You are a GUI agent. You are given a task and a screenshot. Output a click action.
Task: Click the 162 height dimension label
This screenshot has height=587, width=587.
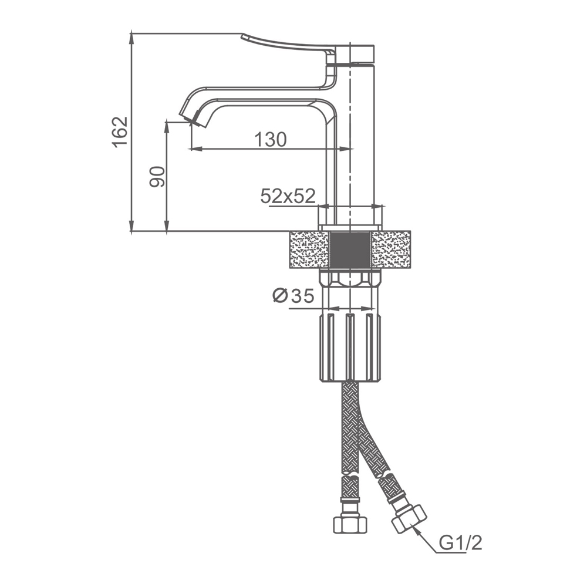(120, 132)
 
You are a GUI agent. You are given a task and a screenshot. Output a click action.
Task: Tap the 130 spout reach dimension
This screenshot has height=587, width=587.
(270, 140)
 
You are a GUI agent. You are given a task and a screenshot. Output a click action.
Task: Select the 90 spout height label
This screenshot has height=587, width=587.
(157, 177)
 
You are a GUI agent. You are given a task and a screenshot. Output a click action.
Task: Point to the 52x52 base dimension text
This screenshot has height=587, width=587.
(288, 196)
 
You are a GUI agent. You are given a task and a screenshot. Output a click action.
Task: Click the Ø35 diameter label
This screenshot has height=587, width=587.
(293, 296)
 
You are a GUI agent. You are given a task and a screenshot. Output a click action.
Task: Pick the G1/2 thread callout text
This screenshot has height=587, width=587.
(460, 543)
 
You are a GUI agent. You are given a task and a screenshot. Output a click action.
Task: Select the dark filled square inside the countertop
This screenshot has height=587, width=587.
(350, 249)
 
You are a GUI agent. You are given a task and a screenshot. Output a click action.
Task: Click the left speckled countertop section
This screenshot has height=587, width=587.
(309, 249)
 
